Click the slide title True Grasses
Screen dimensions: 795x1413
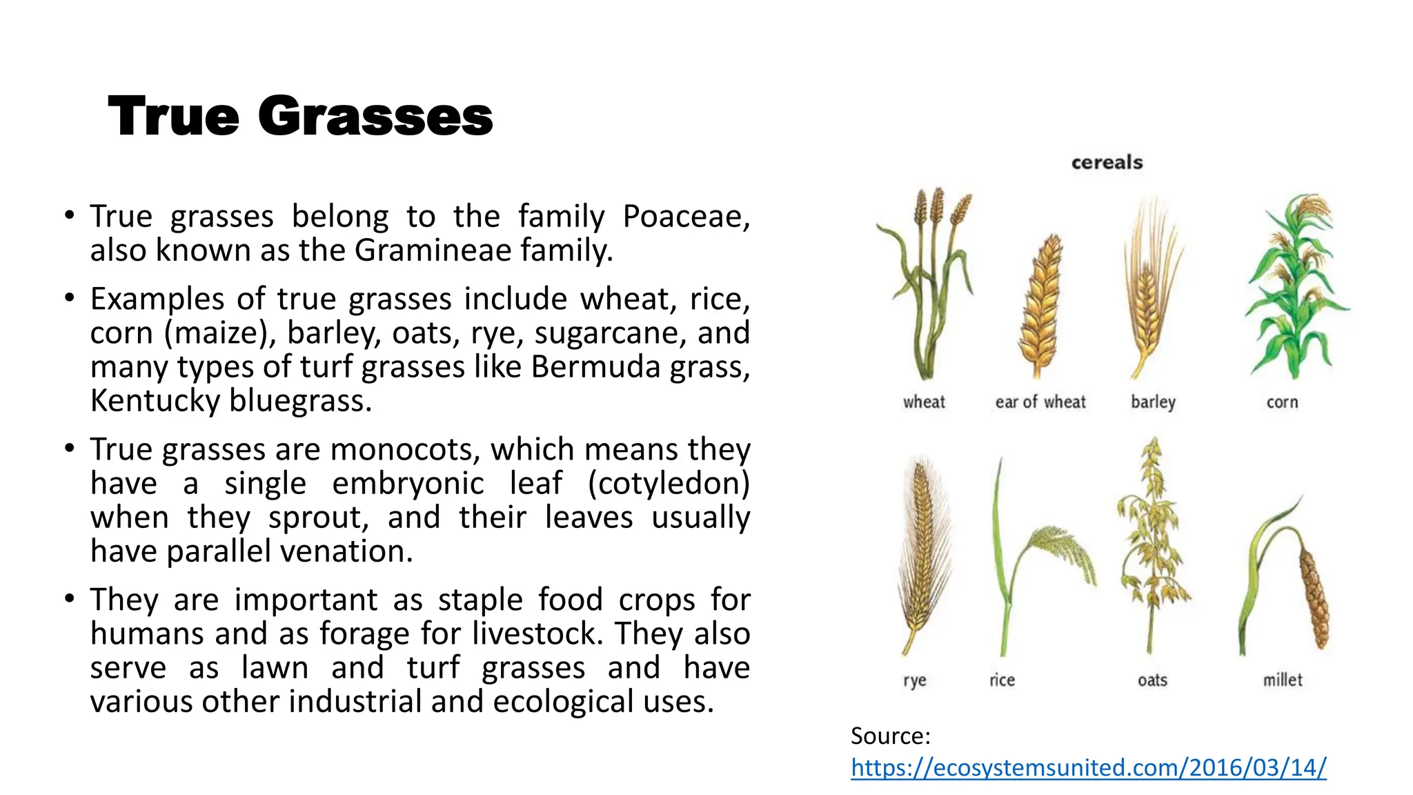coord(300,116)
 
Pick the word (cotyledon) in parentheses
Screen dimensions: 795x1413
coord(668,483)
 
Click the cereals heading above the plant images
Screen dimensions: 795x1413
coord(1107,163)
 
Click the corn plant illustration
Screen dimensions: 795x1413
coord(1296,286)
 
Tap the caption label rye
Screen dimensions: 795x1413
coord(914,680)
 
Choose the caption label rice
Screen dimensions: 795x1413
coord(1002,680)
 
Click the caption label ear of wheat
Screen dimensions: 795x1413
coord(1040,402)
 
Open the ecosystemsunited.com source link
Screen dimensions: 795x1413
coord(1088,767)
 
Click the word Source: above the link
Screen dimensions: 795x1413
coord(890,736)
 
